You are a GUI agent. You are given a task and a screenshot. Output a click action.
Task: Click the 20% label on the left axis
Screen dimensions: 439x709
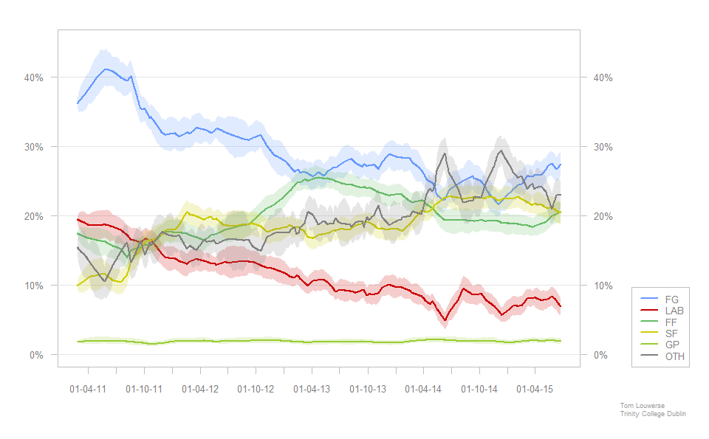(x=35, y=216)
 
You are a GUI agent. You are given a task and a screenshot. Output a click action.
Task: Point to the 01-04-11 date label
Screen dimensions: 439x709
(x=88, y=388)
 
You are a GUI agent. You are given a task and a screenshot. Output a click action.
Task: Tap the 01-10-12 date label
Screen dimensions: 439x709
(x=256, y=388)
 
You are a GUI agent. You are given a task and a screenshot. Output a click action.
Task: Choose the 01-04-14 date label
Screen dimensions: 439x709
(x=423, y=388)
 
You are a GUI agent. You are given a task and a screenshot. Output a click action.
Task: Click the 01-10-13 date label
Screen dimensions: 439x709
(x=367, y=388)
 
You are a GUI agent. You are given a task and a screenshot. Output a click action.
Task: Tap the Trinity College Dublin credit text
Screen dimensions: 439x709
(x=653, y=414)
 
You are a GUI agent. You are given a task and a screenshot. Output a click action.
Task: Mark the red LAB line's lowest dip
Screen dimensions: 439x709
(x=445, y=319)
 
